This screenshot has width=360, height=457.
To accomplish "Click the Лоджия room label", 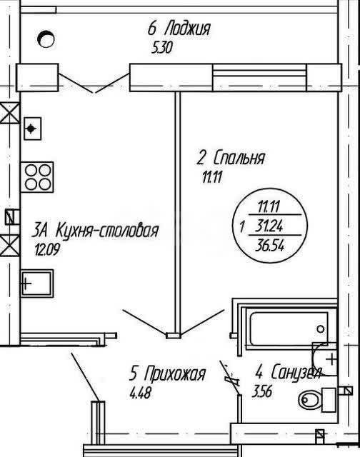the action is pos(187,29).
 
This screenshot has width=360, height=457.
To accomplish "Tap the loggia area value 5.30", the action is pos(162,48).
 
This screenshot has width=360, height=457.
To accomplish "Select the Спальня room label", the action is pos(239,159).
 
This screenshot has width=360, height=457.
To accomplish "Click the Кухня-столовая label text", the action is pos(106,230).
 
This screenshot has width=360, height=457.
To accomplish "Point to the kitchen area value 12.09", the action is pos(48,249).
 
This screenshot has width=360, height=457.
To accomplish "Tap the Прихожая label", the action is pos(175,373).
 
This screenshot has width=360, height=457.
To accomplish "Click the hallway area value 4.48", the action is pos(140,393).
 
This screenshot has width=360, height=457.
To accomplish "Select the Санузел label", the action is pos(296,373).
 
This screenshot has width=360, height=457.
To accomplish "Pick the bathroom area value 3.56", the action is pos(261,391).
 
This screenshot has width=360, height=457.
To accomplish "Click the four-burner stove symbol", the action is pos(37,177).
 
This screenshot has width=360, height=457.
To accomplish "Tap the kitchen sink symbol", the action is pos(36,283).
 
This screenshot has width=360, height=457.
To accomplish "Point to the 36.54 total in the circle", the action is pos(269,246).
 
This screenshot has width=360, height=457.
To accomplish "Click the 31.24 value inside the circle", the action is pos(269,226).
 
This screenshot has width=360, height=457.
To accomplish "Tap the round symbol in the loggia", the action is pos(46,39).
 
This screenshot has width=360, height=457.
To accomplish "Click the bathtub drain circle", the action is pos(320,329).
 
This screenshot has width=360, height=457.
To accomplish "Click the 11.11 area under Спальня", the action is pos(212,177).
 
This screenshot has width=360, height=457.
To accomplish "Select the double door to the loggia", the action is pos(94,83).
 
